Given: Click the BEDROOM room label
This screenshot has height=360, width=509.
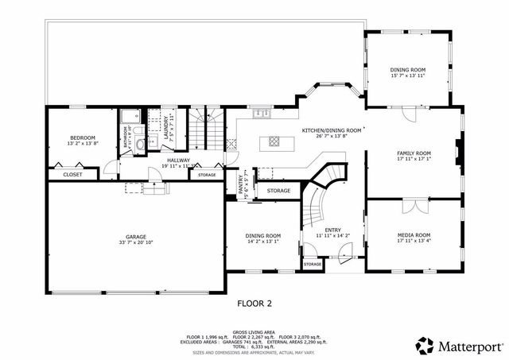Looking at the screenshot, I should tap(83, 137).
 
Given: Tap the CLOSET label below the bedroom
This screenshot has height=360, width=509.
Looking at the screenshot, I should tap(72, 174).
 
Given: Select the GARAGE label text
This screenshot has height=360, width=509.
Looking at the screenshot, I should tap(136, 236).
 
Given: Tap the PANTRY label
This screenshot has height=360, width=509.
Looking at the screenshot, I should tap(240, 184).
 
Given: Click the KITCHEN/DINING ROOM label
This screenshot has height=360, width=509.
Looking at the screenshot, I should tap(332, 130).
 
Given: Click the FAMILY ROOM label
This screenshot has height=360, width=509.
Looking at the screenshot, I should tap(414, 153).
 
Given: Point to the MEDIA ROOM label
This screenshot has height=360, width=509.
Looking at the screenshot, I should tap(414, 235).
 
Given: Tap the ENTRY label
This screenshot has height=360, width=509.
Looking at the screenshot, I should tap(332, 230).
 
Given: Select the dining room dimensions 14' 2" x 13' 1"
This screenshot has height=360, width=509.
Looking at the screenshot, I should tap(262, 242).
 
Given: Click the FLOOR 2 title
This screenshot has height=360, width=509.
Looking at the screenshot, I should tap(254, 303).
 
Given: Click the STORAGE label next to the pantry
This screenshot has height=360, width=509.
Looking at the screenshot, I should tap(278, 191).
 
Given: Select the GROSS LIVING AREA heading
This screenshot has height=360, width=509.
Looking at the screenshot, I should tap(254, 332).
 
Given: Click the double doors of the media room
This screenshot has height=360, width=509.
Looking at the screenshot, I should tap(413, 206).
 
